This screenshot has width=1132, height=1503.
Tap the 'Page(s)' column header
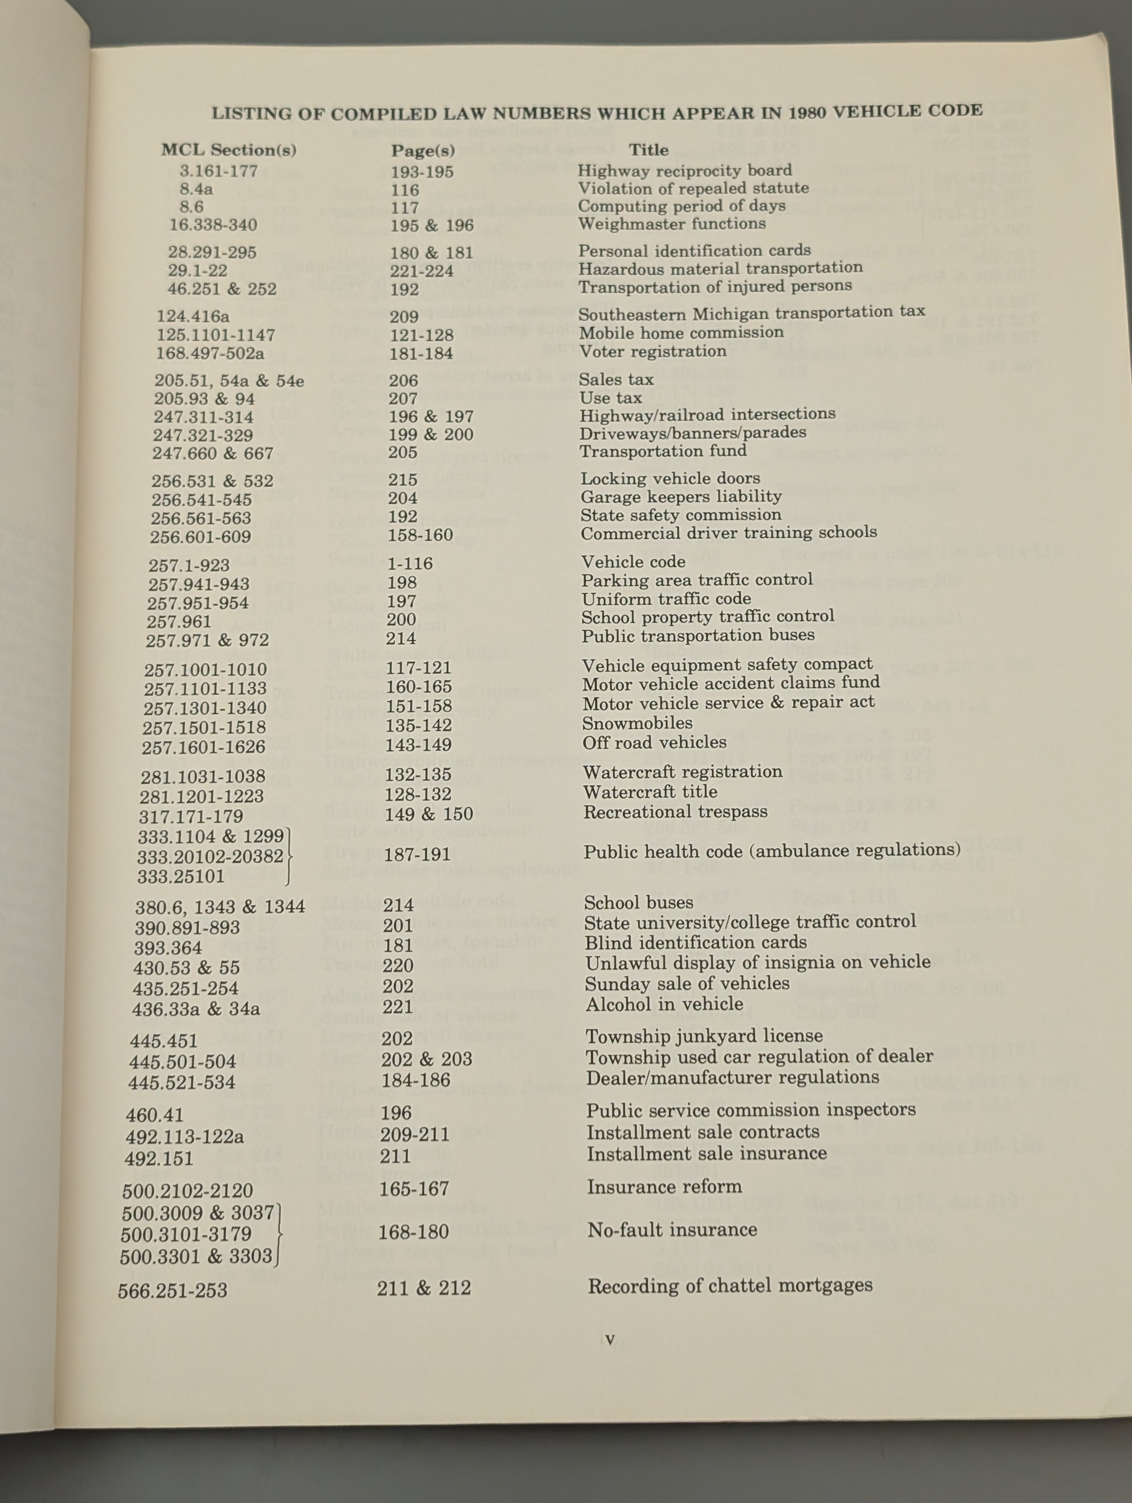click(x=423, y=150)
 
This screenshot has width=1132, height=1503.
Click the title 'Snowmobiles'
click(x=637, y=723)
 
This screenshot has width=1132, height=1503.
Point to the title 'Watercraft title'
click(x=650, y=792)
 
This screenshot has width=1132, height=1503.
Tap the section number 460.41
click(x=154, y=1114)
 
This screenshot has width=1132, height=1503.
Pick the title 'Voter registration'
click(x=652, y=351)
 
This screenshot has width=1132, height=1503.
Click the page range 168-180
click(x=413, y=1231)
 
